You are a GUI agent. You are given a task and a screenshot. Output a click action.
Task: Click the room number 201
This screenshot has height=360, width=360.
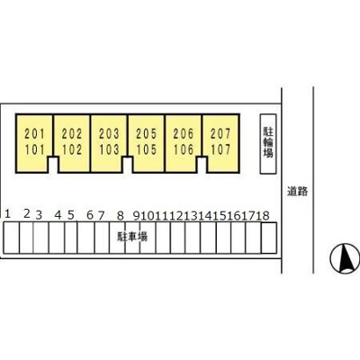point(34,134)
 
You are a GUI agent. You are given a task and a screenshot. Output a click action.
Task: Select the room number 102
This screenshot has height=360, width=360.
point(72,149)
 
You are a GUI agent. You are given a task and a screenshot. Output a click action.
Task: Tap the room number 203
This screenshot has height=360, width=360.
point(109,134)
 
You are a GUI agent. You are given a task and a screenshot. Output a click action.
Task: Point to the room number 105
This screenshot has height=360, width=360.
point(147,149)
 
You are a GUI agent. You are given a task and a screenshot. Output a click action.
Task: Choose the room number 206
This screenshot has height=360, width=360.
point(184,134)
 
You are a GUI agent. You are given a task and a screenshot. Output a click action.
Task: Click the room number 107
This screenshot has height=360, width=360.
point(220,149)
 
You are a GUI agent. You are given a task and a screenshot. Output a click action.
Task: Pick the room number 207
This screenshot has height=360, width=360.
point(220,134)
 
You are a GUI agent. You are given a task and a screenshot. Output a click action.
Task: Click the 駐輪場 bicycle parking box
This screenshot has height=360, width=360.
point(268,144)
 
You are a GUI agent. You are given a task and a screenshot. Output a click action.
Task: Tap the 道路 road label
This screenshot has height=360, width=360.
point(298,192)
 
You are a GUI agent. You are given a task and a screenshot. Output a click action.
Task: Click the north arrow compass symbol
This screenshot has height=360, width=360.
point(345,258)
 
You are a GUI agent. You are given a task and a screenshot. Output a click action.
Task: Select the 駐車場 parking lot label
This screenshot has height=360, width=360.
point(132,237)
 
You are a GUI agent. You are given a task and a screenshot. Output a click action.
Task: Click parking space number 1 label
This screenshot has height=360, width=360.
point(8,214)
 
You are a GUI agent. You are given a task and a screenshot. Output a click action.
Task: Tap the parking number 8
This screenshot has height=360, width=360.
point(120,215)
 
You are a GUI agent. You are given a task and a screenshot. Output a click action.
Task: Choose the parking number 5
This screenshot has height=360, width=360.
point(71,215)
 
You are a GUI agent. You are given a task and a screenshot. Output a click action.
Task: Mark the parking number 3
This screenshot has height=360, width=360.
point(39,215)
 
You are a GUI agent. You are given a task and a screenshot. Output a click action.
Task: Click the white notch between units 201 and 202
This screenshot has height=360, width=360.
point(53,165)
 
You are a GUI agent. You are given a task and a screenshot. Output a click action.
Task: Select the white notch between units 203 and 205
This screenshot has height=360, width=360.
point(128,165)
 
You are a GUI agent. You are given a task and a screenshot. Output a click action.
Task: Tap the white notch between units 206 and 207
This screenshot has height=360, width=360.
point(202,165)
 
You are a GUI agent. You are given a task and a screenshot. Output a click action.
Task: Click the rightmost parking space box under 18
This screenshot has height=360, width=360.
point(269,238)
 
